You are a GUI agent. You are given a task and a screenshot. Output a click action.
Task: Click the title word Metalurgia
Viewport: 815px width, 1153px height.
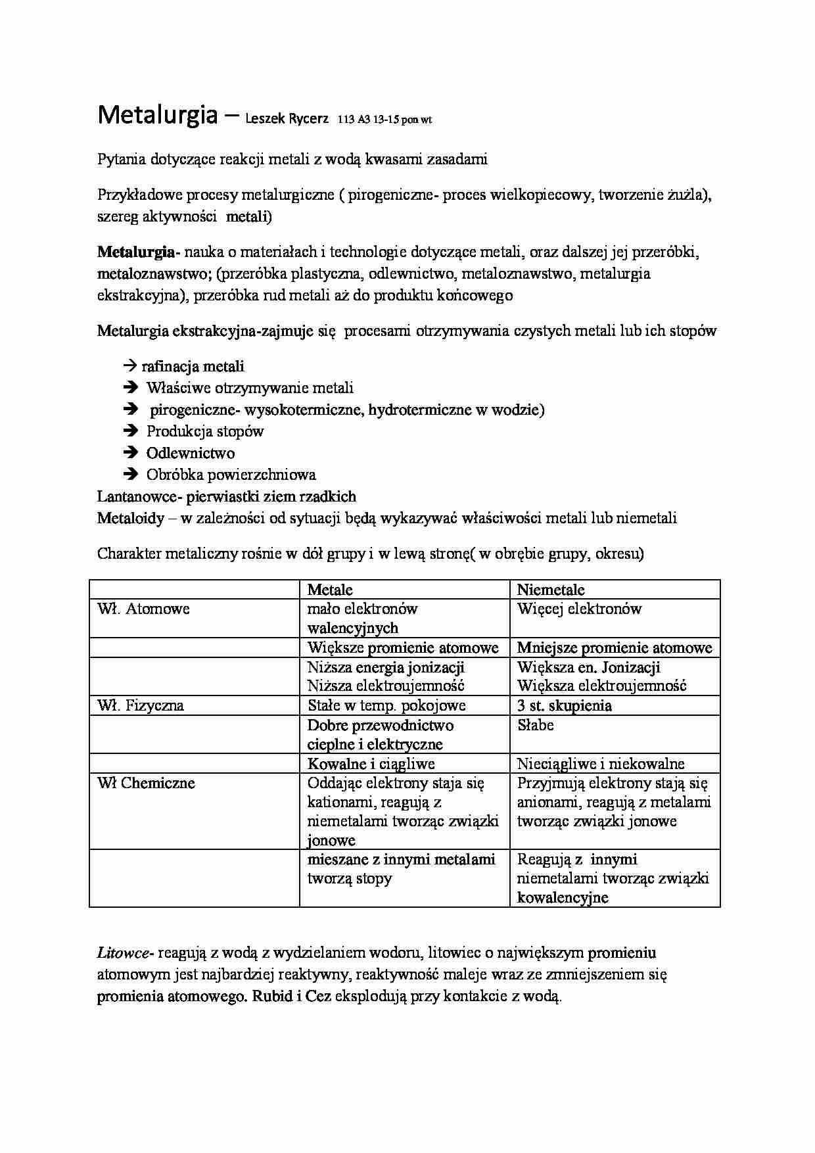[x=157, y=115]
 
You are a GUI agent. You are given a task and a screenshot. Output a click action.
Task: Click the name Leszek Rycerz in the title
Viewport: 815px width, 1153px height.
[x=287, y=120]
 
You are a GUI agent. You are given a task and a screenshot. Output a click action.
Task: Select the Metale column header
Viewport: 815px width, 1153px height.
[x=330, y=590]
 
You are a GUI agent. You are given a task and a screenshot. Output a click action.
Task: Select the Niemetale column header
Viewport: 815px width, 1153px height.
[x=551, y=590]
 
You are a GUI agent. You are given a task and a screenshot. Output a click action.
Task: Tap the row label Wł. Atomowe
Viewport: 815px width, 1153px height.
[x=143, y=609]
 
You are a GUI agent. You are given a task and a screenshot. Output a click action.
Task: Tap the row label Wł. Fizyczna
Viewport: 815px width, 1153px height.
[x=141, y=705]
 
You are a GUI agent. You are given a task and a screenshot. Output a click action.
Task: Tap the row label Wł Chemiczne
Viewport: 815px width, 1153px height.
[x=146, y=783]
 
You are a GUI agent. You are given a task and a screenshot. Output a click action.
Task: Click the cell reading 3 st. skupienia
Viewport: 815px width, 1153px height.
[x=565, y=705]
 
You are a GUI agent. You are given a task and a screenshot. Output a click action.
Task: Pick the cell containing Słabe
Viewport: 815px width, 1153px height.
[x=536, y=725]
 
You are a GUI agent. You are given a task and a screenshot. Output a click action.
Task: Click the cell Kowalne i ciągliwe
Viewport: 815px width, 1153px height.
[x=371, y=764]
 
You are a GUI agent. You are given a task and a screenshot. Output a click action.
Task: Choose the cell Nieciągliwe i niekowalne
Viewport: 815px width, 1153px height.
[x=601, y=764]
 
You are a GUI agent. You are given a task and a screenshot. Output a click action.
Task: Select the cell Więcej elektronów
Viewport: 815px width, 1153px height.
[x=579, y=609]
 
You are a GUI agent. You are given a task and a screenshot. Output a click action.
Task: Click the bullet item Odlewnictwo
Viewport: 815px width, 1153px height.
[x=191, y=453]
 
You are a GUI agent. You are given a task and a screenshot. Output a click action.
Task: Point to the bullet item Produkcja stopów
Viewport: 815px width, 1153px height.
[x=205, y=431]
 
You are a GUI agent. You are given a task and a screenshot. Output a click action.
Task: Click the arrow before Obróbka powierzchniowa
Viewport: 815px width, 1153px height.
[x=130, y=474]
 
